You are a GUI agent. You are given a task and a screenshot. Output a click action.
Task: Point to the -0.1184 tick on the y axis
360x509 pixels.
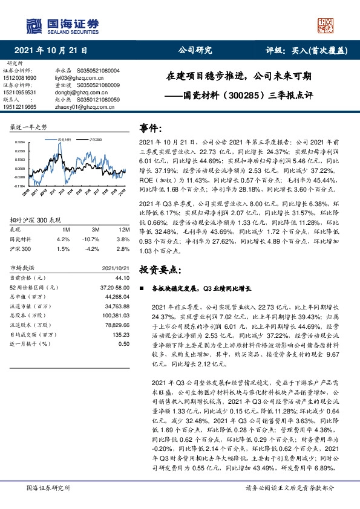19,187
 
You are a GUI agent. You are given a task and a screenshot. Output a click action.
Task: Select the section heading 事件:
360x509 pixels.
152,128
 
